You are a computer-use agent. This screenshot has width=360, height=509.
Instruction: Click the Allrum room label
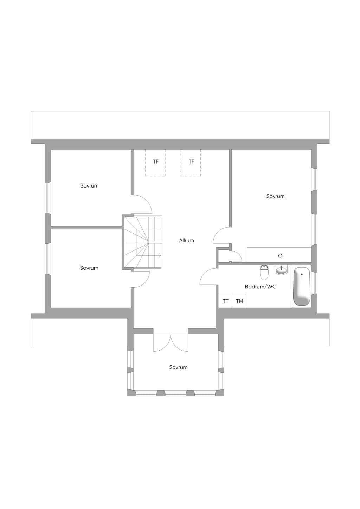[186, 240]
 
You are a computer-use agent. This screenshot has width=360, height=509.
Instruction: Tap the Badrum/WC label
[261, 287]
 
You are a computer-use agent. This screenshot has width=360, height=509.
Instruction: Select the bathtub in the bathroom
[302, 286]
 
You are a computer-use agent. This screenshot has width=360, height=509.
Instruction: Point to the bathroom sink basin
[282, 270]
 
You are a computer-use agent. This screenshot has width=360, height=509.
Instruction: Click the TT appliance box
[225, 301]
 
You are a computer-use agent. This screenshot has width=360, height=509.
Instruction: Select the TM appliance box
[239, 301]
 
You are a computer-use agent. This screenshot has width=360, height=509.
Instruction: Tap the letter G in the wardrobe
[280, 256]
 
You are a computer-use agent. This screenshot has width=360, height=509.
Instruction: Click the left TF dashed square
[155, 163]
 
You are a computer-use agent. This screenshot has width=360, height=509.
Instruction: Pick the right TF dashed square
[191, 163]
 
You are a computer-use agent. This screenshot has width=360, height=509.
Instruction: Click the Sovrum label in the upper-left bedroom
[89, 185]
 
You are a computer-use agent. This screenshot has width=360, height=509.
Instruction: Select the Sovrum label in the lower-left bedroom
[89, 268]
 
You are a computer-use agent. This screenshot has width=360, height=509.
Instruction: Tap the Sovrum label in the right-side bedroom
[275, 196]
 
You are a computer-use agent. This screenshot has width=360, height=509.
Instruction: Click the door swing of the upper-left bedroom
[147, 201]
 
